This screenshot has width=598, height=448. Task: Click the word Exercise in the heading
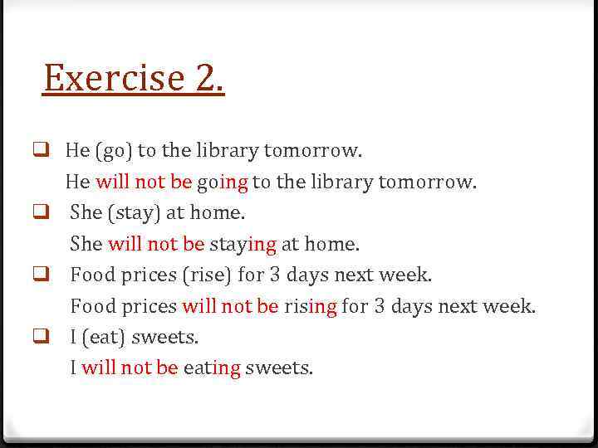pos(114,78)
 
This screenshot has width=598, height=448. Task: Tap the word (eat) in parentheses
pos(103,338)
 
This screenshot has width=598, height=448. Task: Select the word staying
pos(243,245)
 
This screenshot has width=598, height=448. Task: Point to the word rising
pos(311,306)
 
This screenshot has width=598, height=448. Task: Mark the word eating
pos(212,368)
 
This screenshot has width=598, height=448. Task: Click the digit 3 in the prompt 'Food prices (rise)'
pos(275,275)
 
